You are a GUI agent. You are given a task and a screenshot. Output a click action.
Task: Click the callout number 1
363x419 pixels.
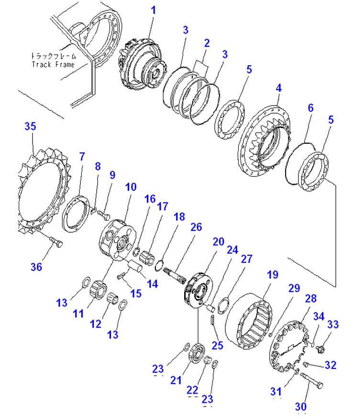153,10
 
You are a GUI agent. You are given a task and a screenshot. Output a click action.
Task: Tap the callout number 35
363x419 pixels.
30,126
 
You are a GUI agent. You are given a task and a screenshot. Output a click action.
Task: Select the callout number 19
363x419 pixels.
273,274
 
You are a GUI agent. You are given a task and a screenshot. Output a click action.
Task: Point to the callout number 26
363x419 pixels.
196,227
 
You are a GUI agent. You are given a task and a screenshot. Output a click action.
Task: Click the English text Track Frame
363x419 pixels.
53,64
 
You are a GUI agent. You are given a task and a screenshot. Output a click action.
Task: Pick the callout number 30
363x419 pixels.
300,407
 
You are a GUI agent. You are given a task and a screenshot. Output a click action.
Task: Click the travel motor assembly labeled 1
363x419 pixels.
142,64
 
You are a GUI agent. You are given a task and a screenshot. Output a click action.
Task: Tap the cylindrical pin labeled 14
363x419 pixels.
136,266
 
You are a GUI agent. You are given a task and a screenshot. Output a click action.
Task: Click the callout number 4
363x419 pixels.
278,88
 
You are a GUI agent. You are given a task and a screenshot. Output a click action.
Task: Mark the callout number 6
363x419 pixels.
310,107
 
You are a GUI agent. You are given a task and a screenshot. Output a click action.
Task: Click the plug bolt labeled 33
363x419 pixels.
320,348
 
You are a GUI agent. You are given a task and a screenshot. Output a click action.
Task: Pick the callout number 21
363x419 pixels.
176,380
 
